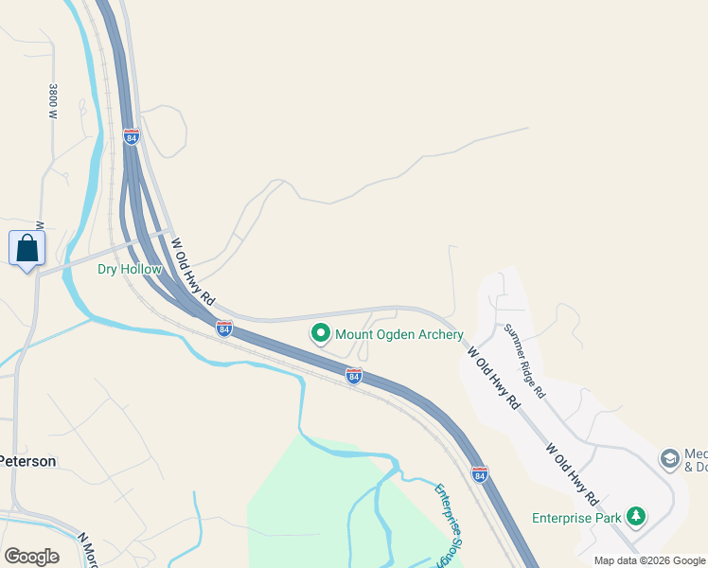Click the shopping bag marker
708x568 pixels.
[27, 249]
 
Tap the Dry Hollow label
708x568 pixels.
[130, 269]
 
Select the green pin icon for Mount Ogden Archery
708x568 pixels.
[320, 333]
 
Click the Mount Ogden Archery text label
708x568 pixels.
[399, 334]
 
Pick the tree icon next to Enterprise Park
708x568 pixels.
[638, 517]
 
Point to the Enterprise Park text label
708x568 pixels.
[576, 518]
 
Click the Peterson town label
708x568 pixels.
[27, 461]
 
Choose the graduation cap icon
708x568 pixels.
[669, 459]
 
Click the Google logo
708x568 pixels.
[31, 556]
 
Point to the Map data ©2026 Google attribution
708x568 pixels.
[649, 560]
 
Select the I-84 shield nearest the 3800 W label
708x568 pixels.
[132, 137]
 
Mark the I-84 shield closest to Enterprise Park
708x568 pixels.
[480, 472]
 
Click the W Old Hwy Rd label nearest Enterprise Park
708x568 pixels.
[572, 472]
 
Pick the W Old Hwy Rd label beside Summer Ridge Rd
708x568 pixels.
[494, 376]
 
